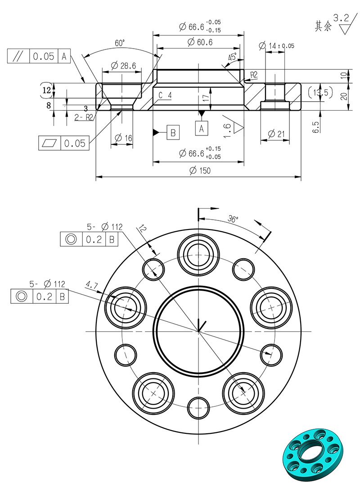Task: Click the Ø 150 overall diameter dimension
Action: click(x=200, y=171)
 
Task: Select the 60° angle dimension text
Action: click(x=120, y=43)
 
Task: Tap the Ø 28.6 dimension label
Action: click(x=122, y=66)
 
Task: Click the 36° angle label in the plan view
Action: click(x=233, y=220)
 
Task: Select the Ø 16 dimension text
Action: click(x=122, y=138)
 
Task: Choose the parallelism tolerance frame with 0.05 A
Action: click(x=39, y=56)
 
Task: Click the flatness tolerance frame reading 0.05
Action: click(x=64, y=143)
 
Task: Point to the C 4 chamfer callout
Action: click(x=165, y=95)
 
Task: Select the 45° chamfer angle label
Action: click(x=232, y=58)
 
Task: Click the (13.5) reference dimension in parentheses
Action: click(x=320, y=93)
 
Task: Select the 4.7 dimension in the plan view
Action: click(x=91, y=284)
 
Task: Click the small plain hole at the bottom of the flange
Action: click(x=198, y=408)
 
